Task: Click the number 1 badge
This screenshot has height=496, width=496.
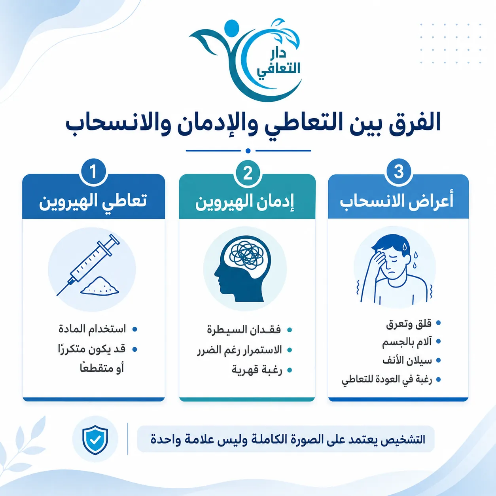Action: tap(93, 172)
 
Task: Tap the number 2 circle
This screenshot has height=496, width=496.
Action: tap(248, 173)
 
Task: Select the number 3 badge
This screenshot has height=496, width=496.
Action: tap(399, 171)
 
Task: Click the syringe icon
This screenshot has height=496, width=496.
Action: tap(88, 265)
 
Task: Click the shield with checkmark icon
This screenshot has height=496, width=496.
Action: tap(95, 440)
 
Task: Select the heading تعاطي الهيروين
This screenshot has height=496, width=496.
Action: tap(93, 201)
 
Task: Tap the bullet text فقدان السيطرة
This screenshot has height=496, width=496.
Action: tap(244, 330)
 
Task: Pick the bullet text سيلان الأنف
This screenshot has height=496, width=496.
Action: tap(407, 361)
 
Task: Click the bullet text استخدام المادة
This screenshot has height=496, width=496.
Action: tap(92, 329)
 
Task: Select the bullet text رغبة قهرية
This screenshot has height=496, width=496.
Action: tap(257, 370)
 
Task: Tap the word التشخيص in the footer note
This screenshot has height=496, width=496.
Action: tap(399, 439)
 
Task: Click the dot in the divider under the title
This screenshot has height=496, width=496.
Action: tap(248, 151)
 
